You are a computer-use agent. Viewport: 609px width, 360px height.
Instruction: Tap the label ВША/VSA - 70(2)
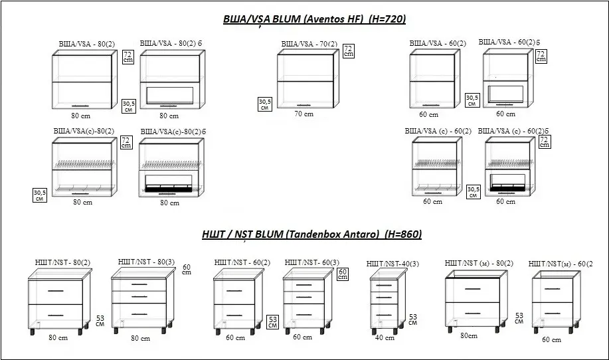click(x=309, y=45)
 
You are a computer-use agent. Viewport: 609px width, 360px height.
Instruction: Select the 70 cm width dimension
click(x=304, y=114)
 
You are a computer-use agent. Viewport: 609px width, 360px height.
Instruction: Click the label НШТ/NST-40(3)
click(x=392, y=264)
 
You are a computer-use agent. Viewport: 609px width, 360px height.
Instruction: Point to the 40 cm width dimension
click(x=385, y=338)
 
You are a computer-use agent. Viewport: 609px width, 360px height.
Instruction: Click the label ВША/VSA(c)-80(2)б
click(x=173, y=132)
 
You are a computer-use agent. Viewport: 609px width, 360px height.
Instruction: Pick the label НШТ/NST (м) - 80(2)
click(x=479, y=263)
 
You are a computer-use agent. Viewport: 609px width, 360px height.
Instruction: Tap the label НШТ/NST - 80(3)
click(x=146, y=262)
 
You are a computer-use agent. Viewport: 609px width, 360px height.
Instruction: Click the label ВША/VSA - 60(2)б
click(x=509, y=42)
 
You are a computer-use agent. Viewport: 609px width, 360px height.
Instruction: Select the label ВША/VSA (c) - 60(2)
click(x=438, y=132)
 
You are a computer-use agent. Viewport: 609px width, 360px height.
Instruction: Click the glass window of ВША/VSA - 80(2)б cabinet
click(x=170, y=96)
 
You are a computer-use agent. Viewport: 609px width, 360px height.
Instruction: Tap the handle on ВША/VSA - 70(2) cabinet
click(x=305, y=105)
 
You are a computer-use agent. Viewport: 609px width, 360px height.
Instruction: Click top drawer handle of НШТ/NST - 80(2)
click(x=56, y=290)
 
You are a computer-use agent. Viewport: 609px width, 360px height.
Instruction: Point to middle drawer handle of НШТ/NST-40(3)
click(x=384, y=298)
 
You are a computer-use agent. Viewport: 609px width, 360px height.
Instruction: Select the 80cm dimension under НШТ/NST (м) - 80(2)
click(x=469, y=335)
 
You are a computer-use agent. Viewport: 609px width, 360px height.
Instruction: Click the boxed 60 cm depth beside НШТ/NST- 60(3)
click(x=343, y=274)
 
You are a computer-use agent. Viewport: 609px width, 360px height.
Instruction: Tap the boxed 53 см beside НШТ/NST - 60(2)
click(x=273, y=322)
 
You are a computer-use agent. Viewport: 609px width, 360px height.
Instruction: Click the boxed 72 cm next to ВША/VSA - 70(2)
click(x=349, y=51)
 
